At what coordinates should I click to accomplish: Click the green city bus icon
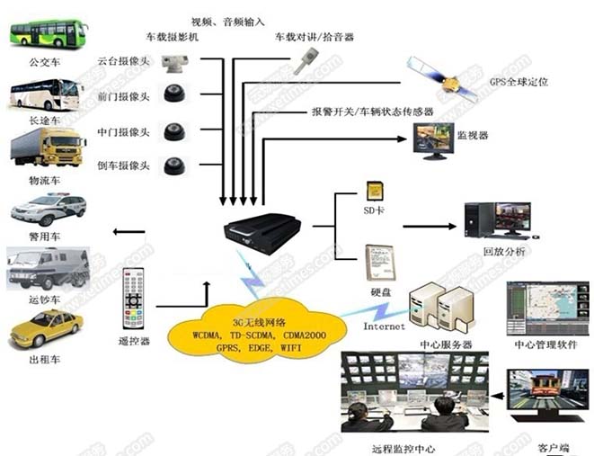pos(48,34)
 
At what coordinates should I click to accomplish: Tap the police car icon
pos(48,209)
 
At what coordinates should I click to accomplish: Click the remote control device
pos(134,298)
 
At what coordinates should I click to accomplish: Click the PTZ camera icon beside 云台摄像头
pos(173,63)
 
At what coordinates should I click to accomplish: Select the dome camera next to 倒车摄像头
pos(173,165)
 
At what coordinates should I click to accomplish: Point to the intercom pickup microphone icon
pos(306,60)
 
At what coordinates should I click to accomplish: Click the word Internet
pos(384,326)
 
